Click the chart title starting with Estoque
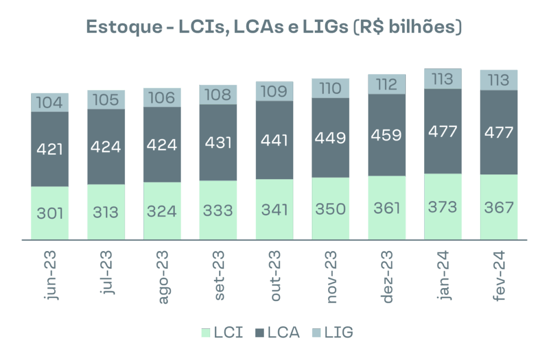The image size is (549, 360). point(274,27)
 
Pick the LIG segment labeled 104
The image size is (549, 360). point(50,102)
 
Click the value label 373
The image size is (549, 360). point(443,207)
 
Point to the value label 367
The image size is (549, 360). point(499,207)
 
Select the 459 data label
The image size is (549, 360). point(387,134)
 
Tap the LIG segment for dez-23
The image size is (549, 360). point(387,84)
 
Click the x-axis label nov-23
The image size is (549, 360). point(331,276)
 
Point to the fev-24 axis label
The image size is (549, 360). point(499,276)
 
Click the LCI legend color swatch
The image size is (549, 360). point(205,333)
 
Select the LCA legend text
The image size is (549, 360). point(284,333)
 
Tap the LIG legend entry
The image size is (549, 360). point(332,333)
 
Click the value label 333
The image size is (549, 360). point(218,210)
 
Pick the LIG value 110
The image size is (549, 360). point(330,88)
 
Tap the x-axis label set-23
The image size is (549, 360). point(219,276)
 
